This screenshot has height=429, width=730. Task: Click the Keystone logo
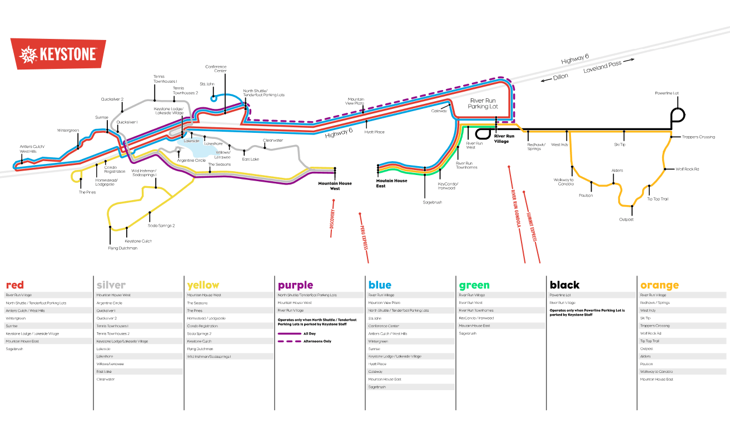[x=58, y=54]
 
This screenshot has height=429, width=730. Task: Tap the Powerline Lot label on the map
[x=667, y=93]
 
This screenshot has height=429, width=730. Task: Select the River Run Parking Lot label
[x=483, y=103]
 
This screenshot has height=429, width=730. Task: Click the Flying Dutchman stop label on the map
[x=122, y=248]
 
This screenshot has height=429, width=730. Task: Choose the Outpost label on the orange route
[x=626, y=220]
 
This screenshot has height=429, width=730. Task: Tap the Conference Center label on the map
[x=216, y=69]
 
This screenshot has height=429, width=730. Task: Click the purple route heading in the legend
[x=295, y=285]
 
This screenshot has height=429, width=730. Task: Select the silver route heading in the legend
[x=111, y=285]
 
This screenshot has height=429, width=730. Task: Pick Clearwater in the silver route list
[x=106, y=380]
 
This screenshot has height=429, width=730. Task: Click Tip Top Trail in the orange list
[x=650, y=341]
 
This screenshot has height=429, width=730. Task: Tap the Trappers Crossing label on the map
[x=698, y=137]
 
